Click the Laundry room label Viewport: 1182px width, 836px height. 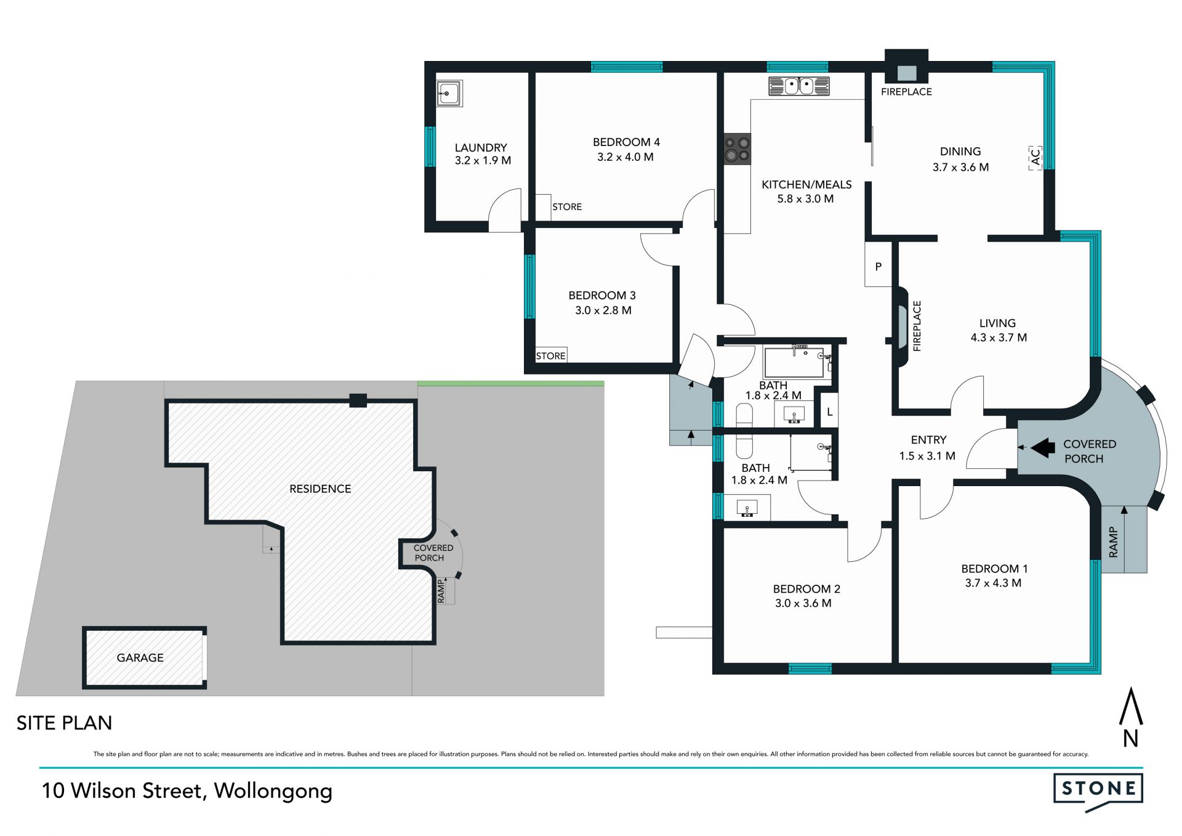tap(481, 148)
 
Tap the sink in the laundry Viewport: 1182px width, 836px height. tap(448, 94)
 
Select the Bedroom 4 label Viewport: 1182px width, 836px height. tap(626, 142)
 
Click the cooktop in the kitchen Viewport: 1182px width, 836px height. tap(737, 149)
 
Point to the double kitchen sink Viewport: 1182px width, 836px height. tap(799, 86)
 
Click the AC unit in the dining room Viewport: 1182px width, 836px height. tap(1035, 158)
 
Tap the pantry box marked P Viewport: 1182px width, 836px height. tap(878, 264)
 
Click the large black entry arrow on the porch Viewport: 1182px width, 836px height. tap(1043, 448)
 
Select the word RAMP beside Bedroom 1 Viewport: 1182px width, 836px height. tap(1113, 542)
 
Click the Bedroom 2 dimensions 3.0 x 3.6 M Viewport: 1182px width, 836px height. tap(803, 603)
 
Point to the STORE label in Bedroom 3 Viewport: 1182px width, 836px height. tap(550, 356)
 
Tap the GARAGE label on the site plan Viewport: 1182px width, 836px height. tap(140, 658)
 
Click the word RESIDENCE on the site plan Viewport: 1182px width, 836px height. tap(320, 489)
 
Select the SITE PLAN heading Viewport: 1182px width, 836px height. tap(64, 723)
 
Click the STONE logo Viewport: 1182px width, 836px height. tap(1098, 791)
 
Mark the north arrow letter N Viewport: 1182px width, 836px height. tap(1130, 738)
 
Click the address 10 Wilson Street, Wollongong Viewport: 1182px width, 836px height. tap(187, 791)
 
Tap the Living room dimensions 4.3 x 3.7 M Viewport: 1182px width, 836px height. tap(999, 338)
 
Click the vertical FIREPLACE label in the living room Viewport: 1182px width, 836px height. tap(917, 326)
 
